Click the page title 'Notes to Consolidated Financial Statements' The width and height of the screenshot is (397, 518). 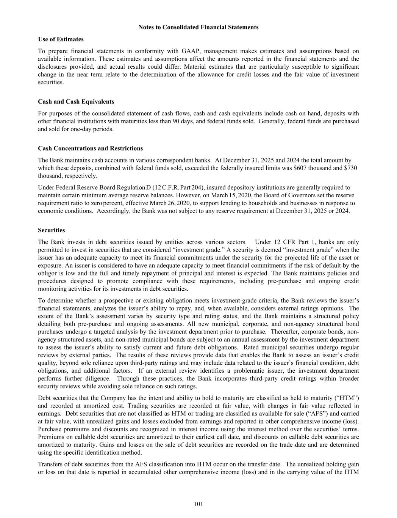click(198, 27)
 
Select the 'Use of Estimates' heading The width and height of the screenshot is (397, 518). click(61, 39)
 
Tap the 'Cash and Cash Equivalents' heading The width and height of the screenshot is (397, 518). click(76, 102)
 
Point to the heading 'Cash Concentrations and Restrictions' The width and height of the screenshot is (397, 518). click(90, 148)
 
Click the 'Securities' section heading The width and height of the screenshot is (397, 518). click(51, 230)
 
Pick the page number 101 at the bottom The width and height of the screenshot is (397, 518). click(198, 504)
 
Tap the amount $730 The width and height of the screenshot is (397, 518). click(351, 168)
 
